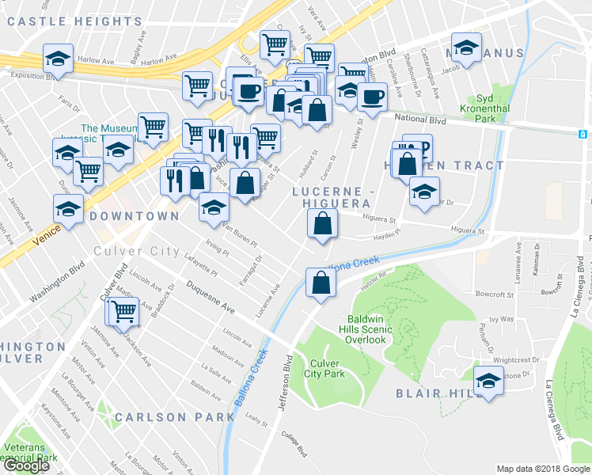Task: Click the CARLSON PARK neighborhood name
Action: coord(163,417)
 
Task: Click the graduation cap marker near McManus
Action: coord(466,47)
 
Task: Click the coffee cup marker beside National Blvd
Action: coord(372,98)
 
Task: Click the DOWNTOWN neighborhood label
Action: coord(134,216)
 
